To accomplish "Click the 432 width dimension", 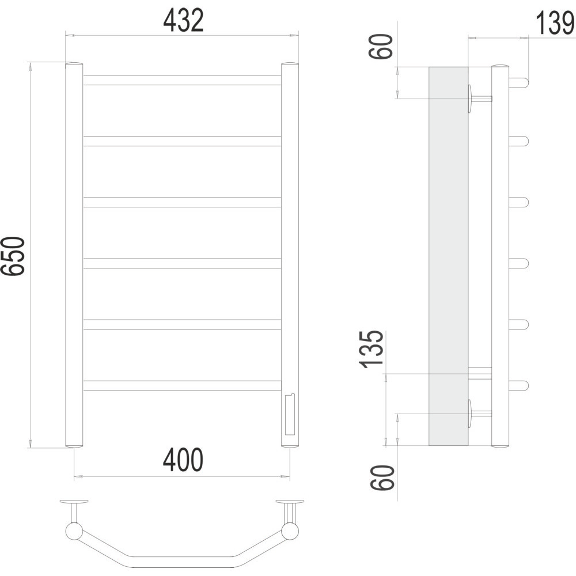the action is tap(183, 20).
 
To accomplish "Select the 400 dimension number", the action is tap(183, 460).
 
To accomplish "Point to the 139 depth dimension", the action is tap(555, 24).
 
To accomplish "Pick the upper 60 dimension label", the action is tap(381, 46).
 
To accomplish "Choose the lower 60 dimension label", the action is tap(382, 478).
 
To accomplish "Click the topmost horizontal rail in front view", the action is tap(182, 80).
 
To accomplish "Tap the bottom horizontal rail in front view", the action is tap(182, 385).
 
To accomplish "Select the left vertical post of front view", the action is tap(74, 255).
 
